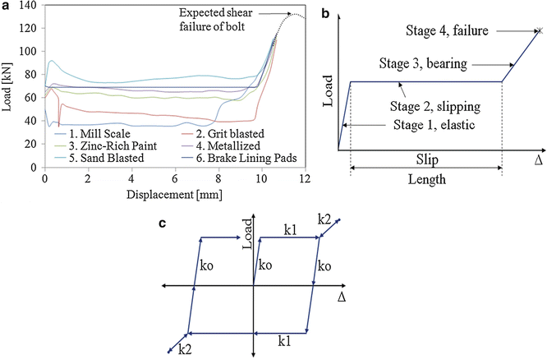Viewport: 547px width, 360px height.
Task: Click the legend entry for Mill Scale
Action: tap(92, 134)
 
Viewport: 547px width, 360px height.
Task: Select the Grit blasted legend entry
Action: tap(223, 134)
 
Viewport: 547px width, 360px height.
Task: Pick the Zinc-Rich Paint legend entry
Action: tap(106, 145)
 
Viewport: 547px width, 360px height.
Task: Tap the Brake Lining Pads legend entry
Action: tap(239, 158)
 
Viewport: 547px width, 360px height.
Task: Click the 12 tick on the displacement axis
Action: tap(305, 178)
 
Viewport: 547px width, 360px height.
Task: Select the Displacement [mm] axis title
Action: tap(174, 195)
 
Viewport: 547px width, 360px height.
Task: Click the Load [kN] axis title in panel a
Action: tap(7, 87)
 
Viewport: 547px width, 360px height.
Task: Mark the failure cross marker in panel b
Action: tap(540, 30)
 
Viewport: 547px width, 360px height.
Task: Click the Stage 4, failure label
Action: tap(447, 30)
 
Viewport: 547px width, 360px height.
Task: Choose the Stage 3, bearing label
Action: tap(423, 63)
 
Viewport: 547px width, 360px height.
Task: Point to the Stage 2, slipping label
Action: tap(435, 106)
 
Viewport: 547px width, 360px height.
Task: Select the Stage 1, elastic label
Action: tap(434, 125)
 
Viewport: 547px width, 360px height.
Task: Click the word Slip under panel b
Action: tap(427, 159)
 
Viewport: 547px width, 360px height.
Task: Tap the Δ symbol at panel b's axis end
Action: tap(539, 160)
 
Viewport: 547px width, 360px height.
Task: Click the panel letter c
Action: tap(162, 223)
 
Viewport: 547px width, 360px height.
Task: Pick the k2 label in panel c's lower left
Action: tap(185, 349)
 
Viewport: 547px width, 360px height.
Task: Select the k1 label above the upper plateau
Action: tap(290, 230)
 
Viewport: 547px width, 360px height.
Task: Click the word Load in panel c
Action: tap(247, 234)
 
